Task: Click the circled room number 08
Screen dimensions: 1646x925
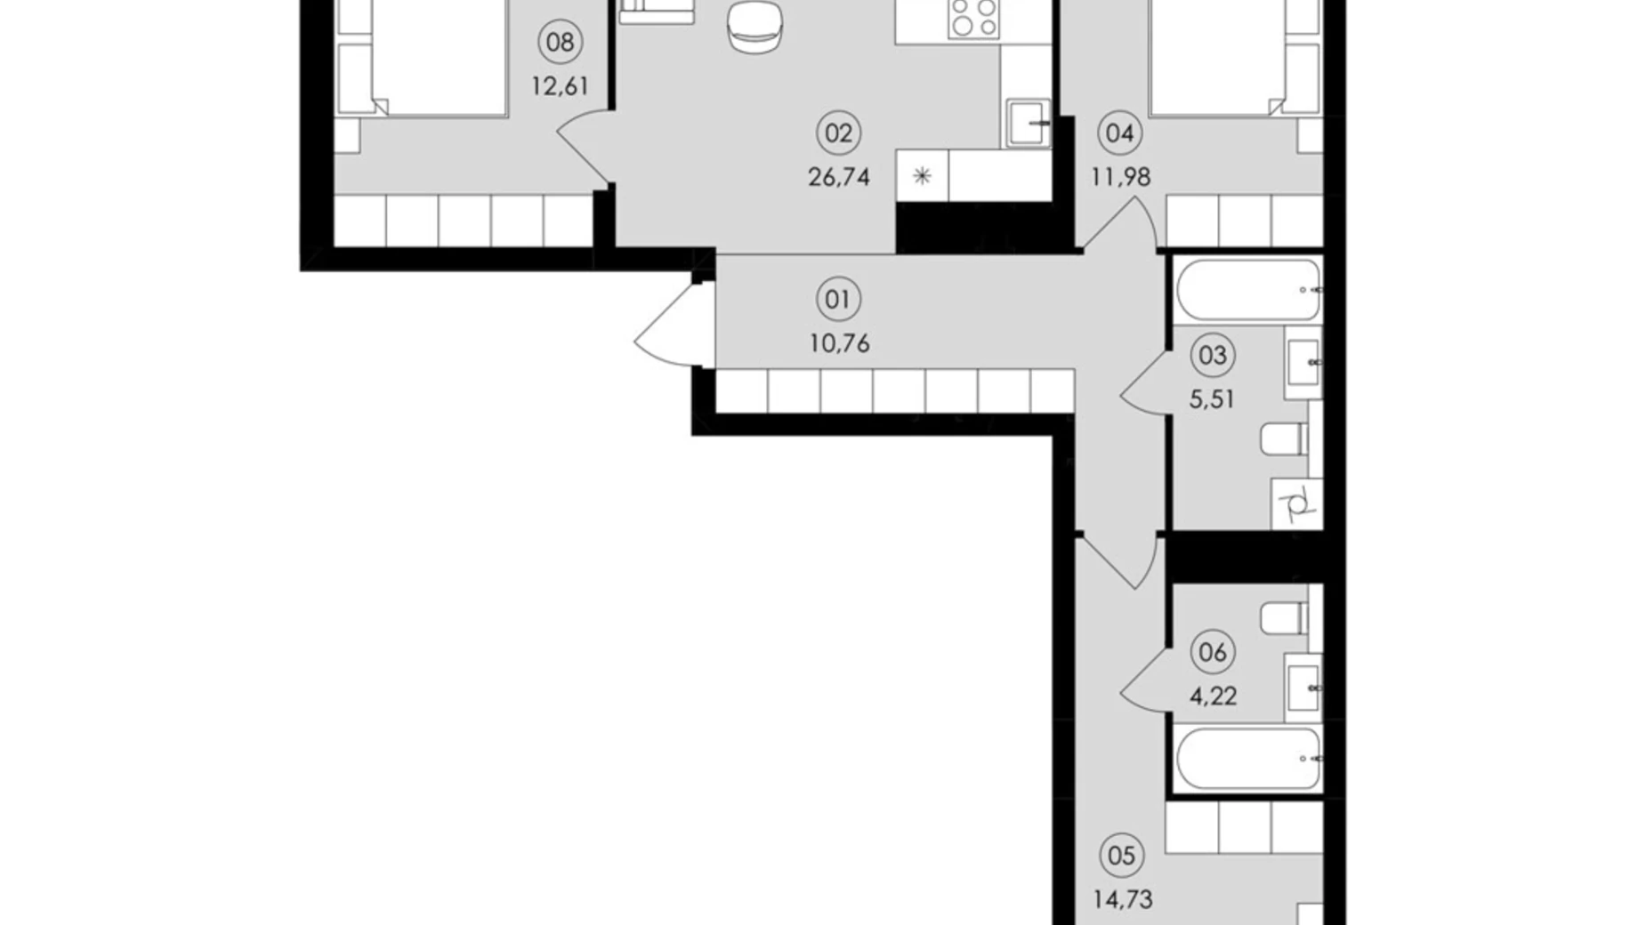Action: click(x=561, y=42)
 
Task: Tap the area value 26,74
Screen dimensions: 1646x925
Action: click(x=839, y=177)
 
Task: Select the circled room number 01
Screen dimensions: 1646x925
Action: click(x=838, y=300)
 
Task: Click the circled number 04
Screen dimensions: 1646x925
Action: click(x=1120, y=133)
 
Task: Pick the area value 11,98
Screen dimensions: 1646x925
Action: click(x=1121, y=177)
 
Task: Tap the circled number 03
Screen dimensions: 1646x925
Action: click(x=1213, y=356)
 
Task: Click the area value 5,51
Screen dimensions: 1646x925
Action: click(x=1213, y=399)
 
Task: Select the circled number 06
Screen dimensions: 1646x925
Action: click(x=1213, y=653)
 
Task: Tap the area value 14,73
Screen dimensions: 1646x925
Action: click(x=1123, y=899)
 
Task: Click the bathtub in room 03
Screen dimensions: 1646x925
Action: click(x=1248, y=290)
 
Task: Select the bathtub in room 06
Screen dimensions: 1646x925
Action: click(x=1248, y=759)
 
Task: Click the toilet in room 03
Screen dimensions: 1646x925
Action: click(x=1285, y=439)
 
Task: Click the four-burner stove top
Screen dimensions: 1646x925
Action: click(x=973, y=18)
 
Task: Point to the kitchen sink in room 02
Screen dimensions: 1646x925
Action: click(x=1029, y=124)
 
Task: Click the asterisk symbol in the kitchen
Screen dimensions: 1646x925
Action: click(x=922, y=175)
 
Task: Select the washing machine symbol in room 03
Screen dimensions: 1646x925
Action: click(x=1297, y=503)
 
